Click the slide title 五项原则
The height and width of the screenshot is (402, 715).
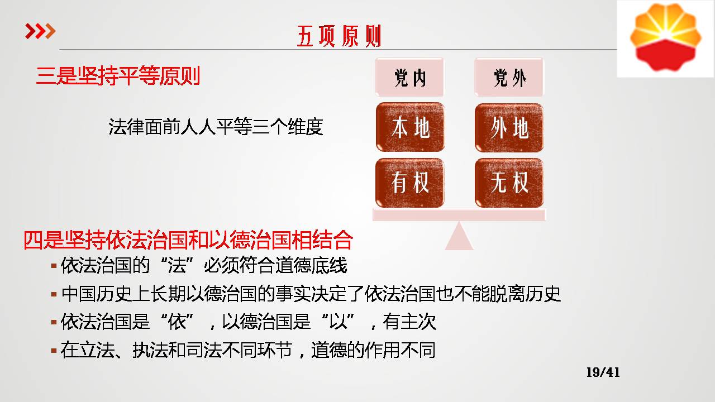click(339, 36)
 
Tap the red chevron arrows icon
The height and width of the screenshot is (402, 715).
click(40, 31)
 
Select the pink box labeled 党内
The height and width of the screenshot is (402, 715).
click(409, 77)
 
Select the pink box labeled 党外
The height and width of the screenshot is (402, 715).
click(509, 77)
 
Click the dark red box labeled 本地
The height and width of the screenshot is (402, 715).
click(410, 127)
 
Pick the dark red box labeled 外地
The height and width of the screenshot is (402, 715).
click(509, 128)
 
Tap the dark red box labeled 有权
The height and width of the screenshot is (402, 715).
click(410, 183)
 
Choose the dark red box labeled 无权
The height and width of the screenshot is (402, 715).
click(509, 183)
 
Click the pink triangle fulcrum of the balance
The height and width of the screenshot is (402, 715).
click(459, 238)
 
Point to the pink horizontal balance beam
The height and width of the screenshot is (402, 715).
click(459, 214)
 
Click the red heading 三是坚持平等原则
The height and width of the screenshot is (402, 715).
click(118, 76)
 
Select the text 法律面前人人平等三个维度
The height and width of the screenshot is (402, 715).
click(216, 127)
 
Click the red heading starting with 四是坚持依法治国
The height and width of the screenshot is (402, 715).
click(188, 240)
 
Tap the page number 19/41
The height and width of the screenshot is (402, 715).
click(603, 372)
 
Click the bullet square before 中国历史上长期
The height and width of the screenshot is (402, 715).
click(54, 294)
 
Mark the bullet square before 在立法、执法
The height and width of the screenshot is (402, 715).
click(54, 350)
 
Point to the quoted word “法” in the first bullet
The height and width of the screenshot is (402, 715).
click(178, 265)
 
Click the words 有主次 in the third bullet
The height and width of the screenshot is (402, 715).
click(409, 322)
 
